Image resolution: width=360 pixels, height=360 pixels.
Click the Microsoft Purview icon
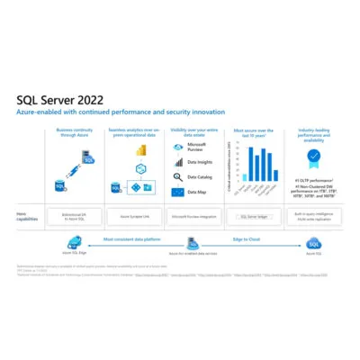click(x=178, y=147)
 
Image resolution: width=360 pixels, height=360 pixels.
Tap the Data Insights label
click(x=200, y=163)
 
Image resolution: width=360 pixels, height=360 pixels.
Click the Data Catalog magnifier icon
click(x=178, y=177)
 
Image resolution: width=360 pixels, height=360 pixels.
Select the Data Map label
click(x=197, y=192)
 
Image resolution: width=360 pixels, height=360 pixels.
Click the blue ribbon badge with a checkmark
click(x=313, y=156)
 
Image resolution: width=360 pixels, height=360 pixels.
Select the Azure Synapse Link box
click(x=133, y=217)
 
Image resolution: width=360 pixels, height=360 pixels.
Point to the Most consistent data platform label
click(x=132, y=238)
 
